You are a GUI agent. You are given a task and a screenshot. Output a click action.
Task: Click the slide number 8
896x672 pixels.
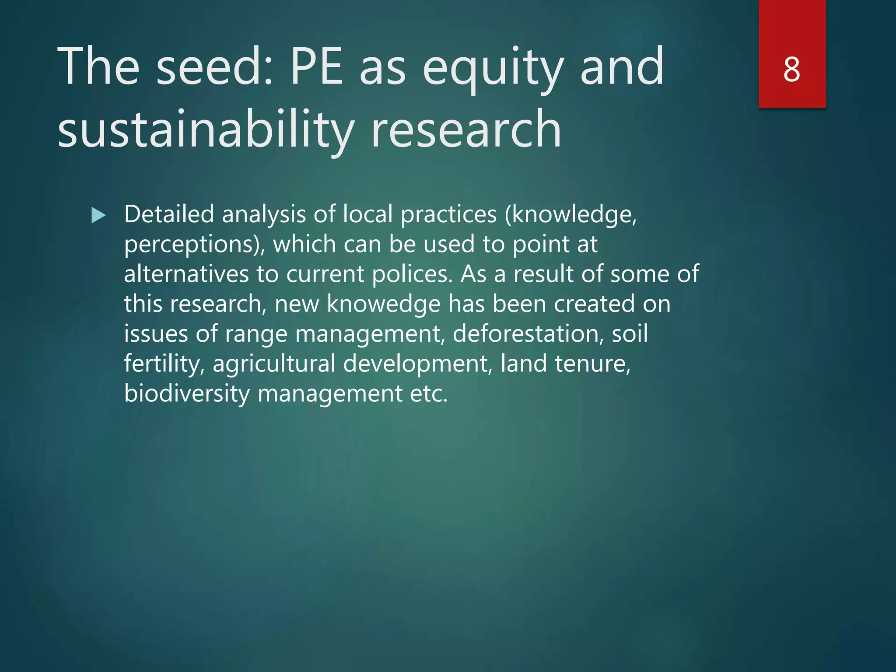tap(791, 70)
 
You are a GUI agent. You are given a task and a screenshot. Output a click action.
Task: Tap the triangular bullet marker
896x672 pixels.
tap(98, 215)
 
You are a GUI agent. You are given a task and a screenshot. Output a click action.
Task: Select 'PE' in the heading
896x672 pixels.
tap(316, 67)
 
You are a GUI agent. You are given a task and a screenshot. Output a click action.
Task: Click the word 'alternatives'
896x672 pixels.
tap(186, 274)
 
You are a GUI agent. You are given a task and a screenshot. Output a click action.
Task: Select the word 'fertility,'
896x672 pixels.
tap(164, 364)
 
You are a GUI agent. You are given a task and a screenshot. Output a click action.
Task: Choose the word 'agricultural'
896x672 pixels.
tap(274, 364)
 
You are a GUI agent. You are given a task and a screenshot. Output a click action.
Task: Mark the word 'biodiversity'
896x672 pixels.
tap(187, 394)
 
